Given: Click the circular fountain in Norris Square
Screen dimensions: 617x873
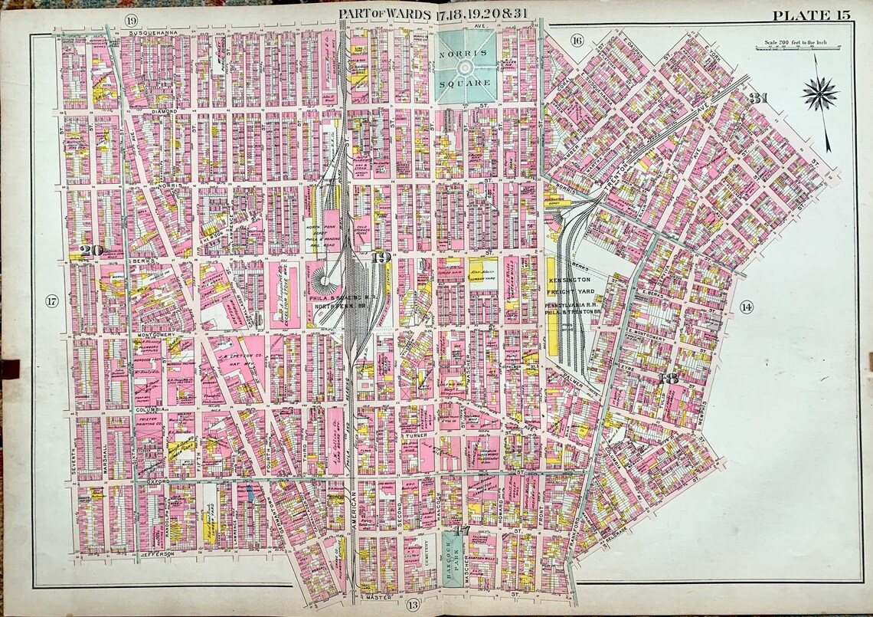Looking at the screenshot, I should coord(466,67).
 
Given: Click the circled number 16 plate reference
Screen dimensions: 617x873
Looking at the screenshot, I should coord(577,40).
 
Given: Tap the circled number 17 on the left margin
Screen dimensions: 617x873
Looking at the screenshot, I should coord(51,301).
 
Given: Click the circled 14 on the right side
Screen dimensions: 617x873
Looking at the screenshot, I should coord(746,307).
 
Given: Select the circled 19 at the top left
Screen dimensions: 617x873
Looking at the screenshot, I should coord(132,19).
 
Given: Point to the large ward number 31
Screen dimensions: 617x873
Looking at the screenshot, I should coord(758,98).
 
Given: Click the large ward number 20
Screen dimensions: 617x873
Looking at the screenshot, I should coord(95,249).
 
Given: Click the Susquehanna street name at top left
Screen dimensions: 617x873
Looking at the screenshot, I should coord(152,34).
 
